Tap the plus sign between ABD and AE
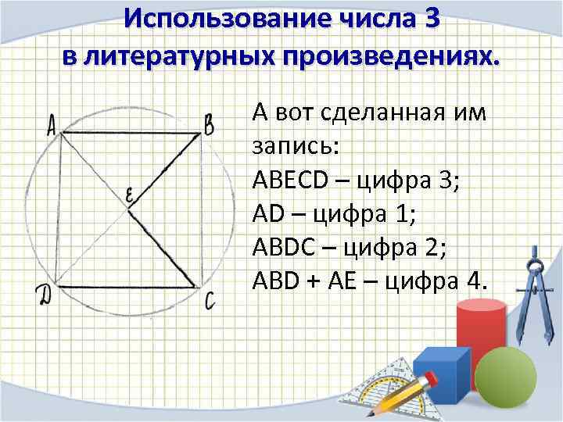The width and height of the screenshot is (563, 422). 315,280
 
